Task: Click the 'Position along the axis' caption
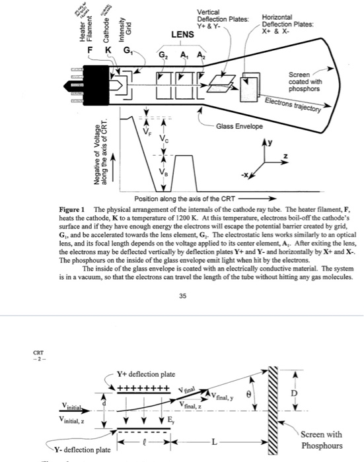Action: pyautogui.click(x=182, y=198)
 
